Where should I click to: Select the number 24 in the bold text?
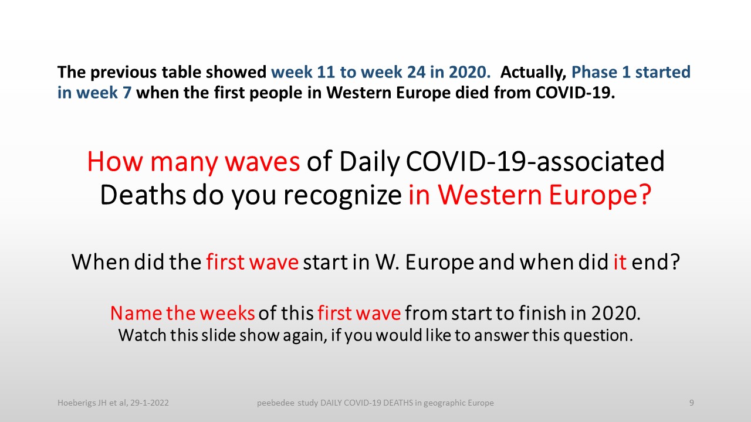point(417,72)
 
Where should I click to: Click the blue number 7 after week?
point(127,93)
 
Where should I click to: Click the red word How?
point(115,162)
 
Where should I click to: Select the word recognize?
point(343,196)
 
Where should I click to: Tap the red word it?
point(620,262)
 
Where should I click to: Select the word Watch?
point(142,335)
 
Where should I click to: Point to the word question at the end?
point(598,336)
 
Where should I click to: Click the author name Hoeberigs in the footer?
point(76,403)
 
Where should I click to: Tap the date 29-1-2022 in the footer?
point(150,403)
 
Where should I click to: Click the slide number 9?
point(692,403)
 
